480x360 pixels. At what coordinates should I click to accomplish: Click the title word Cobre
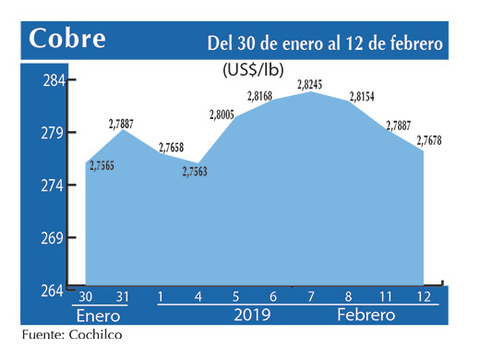67,40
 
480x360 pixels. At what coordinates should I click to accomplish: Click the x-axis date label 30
86,295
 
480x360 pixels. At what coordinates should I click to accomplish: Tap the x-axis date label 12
423,295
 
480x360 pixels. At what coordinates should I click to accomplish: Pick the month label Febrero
366,316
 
